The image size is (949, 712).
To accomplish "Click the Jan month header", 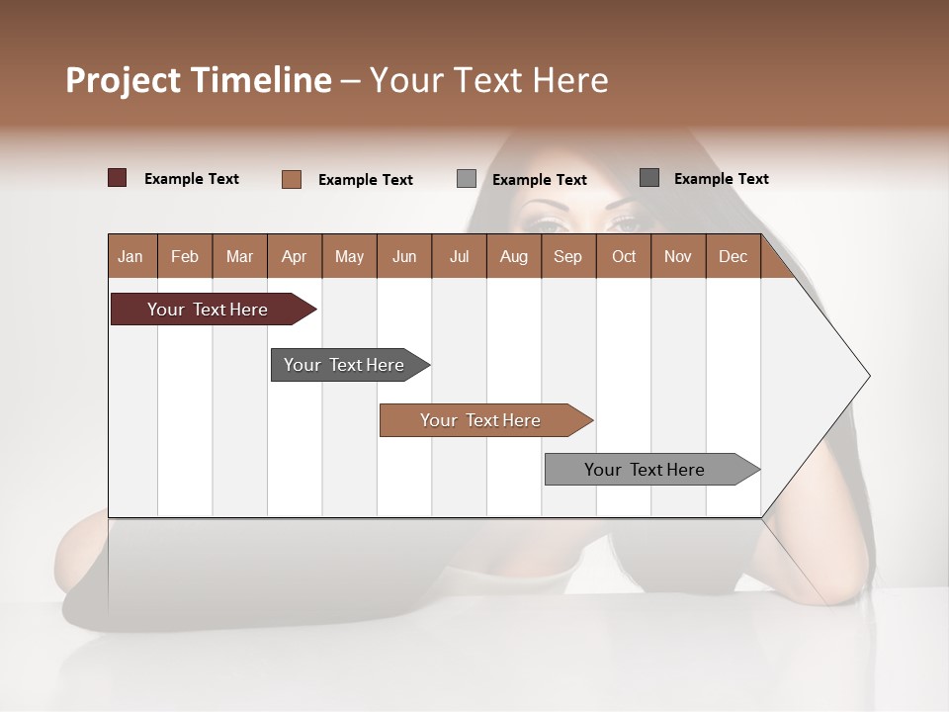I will tap(130, 257).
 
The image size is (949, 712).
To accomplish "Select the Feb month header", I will tap(185, 257).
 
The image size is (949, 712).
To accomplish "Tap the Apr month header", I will tap(294, 257).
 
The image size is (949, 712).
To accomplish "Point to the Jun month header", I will tap(404, 257).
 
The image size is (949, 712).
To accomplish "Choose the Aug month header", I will tap(513, 257).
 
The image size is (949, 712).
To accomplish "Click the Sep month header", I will tap(567, 257).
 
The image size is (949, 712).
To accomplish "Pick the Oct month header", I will tap(624, 257).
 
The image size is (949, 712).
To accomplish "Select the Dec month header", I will tap(733, 257).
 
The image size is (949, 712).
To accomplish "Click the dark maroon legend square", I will tap(118, 178).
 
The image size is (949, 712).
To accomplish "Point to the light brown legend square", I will tap(292, 179).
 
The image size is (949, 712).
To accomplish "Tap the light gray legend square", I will tap(467, 179).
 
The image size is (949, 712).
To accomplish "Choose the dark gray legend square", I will tap(649, 178).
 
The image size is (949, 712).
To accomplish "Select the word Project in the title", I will tap(124, 80).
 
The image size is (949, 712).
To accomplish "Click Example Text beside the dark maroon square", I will tap(192, 179).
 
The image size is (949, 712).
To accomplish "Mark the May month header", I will tap(349, 257).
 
